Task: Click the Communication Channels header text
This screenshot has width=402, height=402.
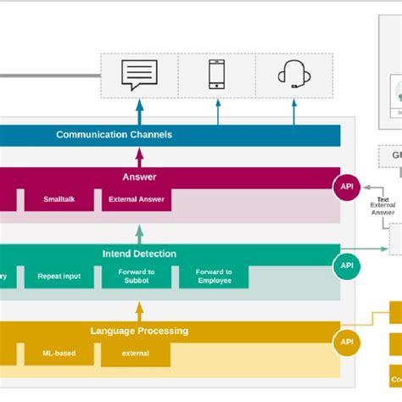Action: click(x=114, y=135)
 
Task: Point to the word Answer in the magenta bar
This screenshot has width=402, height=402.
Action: click(x=139, y=177)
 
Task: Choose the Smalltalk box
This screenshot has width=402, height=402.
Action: click(x=59, y=200)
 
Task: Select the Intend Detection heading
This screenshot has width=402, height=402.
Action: click(x=139, y=253)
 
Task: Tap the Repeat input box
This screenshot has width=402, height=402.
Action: click(x=59, y=276)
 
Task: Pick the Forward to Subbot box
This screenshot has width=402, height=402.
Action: click(x=136, y=276)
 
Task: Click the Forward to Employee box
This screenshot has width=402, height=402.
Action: click(x=214, y=276)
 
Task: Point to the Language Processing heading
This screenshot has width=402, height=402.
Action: click(x=139, y=331)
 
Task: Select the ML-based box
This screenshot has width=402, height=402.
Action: click(x=59, y=354)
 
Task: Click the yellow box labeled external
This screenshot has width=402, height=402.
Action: click(x=136, y=354)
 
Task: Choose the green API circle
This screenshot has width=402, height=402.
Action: click(x=348, y=265)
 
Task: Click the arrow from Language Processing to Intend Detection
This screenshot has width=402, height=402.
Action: click(x=140, y=310)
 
